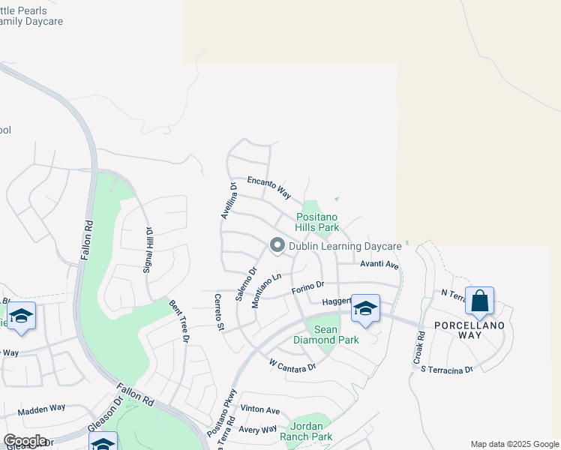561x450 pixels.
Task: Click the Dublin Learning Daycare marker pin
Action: pyautogui.click(x=277, y=245)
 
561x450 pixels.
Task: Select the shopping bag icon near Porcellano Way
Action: pyautogui.click(x=479, y=301)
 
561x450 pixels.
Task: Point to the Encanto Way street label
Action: pyautogui.click(x=269, y=187)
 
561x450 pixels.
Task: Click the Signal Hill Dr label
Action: pyautogui.click(x=148, y=250)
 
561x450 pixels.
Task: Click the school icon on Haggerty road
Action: pyautogui.click(x=365, y=309)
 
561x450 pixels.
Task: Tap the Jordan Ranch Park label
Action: pyautogui.click(x=306, y=431)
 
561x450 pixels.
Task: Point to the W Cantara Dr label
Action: pyautogui.click(x=293, y=365)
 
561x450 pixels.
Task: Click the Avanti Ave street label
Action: pyautogui.click(x=379, y=265)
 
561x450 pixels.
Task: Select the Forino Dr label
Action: pyautogui.click(x=307, y=286)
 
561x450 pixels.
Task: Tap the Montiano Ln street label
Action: pyautogui.click(x=267, y=289)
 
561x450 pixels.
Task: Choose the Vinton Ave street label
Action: pyautogui.click(x=259, y=410)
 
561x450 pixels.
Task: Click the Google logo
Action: pyautogui.click(x=25, y=441)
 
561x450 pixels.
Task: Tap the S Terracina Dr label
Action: pyautogui.click(x=447, y=369)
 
